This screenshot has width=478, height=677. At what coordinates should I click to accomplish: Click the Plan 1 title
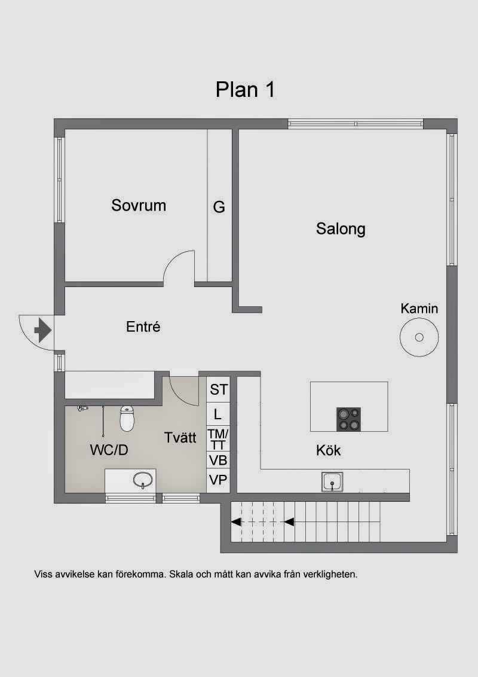tap(245, 90)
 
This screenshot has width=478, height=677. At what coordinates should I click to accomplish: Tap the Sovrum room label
tap(139, 205)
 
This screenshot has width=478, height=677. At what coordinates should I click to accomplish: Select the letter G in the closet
tap(219, 208)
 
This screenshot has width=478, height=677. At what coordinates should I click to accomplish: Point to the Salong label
tap(341, 228)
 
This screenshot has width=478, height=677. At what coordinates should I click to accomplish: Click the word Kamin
tap(419, 308)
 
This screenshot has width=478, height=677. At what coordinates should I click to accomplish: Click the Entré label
tap(143, 327)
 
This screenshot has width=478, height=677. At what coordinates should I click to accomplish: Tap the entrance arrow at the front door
tap(42, 330)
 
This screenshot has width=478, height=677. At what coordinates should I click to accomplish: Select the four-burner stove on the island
tap(348, 419)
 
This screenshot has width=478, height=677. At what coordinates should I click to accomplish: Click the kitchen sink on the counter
tap(332, 481)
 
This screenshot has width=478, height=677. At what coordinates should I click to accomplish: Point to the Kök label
tap(328, 450)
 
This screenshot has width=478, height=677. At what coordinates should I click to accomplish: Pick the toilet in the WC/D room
tap(127, 419)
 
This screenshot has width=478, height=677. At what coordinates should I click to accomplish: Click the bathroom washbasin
tap(143, 479)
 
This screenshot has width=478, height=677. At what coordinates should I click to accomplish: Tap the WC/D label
tap(109, 450)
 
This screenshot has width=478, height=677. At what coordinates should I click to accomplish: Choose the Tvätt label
tap(180, 437)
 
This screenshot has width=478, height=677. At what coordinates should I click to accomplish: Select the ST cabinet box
tap(218, 389)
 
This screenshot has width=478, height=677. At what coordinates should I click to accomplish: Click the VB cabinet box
tap(218, 461)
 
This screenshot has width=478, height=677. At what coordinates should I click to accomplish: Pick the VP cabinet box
tap(218, 481)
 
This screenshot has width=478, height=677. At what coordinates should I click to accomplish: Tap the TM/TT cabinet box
tap(218, 439)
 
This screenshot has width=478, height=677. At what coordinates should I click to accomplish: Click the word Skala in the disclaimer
tap(181, 574)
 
